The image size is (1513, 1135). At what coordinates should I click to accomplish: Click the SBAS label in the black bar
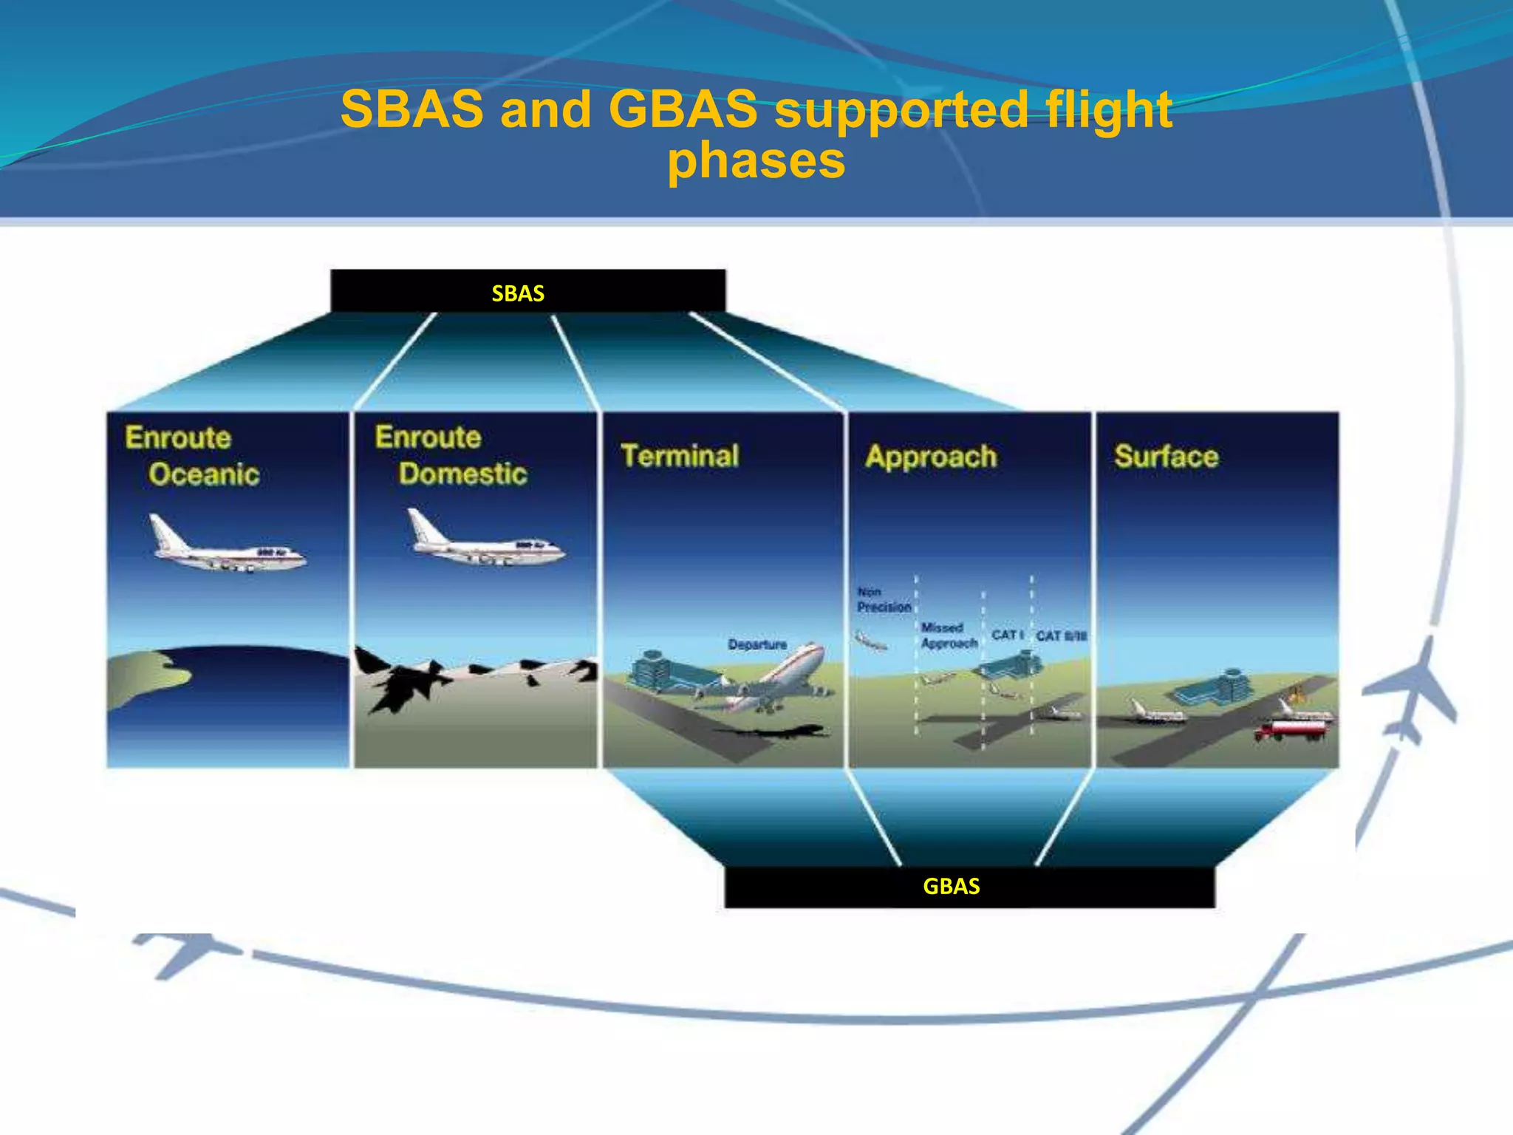[518, 293]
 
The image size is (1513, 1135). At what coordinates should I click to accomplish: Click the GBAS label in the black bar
[951, 886]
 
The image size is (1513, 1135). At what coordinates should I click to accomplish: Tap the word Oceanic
[204, 474]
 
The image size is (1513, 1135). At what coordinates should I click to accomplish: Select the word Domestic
[462, 473]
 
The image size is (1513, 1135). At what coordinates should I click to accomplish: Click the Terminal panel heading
[680, 455]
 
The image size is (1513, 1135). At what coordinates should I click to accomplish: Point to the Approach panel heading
[931, 456]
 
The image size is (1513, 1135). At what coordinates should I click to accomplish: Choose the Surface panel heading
[1166, 456]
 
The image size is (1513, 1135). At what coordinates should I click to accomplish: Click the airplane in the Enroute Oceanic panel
[225, 547]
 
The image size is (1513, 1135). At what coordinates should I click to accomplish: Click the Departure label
[757, 644]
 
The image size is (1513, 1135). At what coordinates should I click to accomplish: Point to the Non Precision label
[883, 599]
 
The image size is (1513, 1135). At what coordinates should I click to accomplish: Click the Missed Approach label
[949, 635]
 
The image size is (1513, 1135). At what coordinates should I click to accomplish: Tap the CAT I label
[1007, 635]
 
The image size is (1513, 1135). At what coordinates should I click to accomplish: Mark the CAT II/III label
[1061, 635]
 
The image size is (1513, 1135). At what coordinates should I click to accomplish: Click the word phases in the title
[756, 160]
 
